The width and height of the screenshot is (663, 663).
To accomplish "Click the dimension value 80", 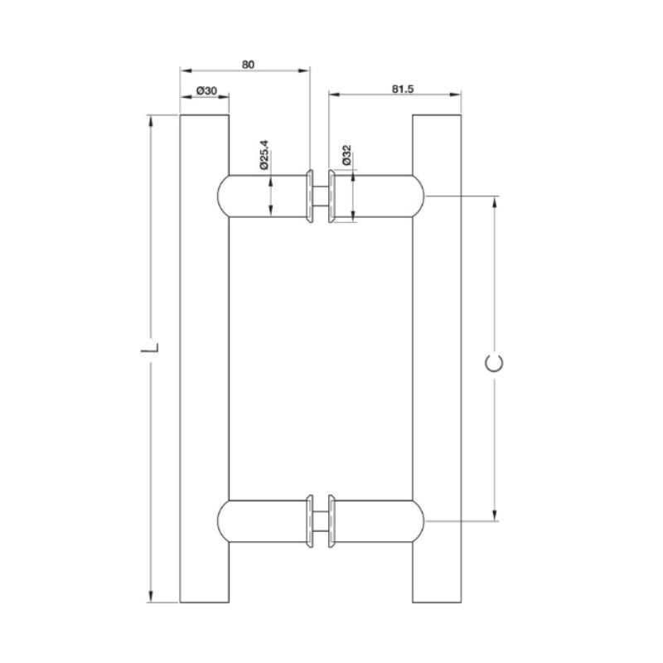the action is (x=248, y=65).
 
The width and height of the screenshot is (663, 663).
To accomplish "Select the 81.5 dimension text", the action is (x=403, y=89).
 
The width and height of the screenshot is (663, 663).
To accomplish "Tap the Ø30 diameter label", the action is (x=206, y=90).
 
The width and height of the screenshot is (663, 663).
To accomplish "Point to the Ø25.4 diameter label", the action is (x=264, y=155).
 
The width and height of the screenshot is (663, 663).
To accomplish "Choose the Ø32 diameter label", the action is (x=346, y=155).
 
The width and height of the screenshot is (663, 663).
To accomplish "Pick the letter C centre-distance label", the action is (x=494, y=364).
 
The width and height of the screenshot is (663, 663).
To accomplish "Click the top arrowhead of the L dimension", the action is (x=150, y=120).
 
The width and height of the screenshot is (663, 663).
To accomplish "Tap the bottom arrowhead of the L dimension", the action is (x=150, y=597).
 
